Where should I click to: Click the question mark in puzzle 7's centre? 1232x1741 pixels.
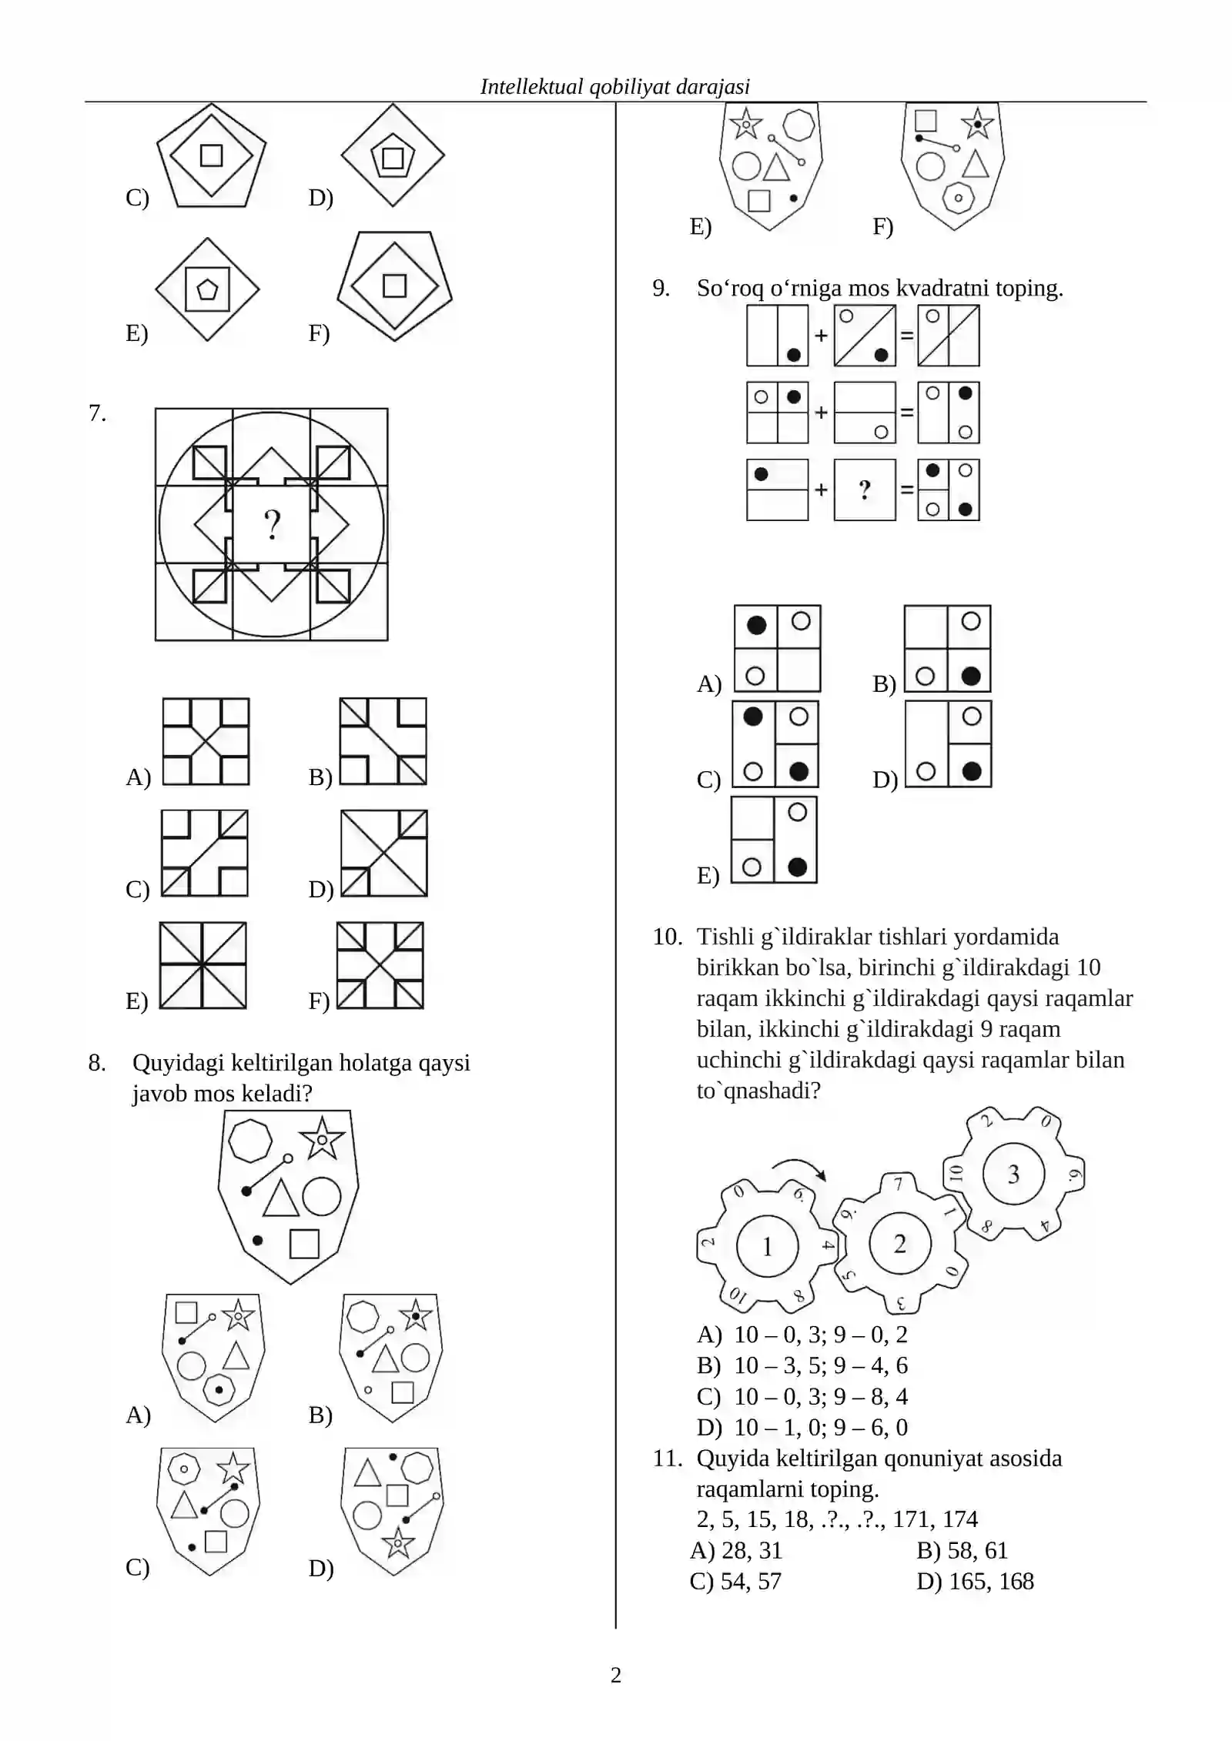[272, 525]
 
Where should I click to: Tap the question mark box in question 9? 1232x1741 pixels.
[865, 490]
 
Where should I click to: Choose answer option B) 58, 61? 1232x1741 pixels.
[962, 1549]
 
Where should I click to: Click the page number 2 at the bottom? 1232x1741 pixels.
[615, 1675]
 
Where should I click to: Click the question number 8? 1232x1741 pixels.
[96, 1063]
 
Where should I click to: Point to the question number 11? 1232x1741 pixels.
[667, 1458]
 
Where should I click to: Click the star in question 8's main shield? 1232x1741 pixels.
[322, 1138]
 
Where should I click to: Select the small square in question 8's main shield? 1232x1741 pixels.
[304, 1244]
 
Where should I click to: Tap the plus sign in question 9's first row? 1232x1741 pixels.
[821, 336]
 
